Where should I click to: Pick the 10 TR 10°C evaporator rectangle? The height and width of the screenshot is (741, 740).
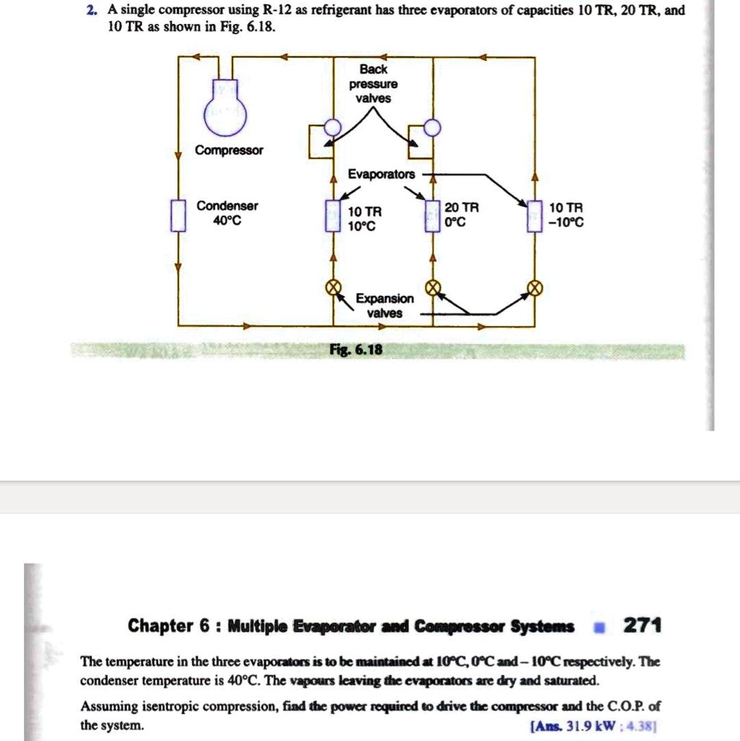click(x=332, y=216)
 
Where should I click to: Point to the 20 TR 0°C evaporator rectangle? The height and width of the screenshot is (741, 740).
click(x=433, y=215)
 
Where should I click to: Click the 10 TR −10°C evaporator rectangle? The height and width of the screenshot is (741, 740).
click(x=534, y=215)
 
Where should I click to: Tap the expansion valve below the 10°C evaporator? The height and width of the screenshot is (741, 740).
click(x=333, y=288)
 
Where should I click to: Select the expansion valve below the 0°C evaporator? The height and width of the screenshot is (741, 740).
click(x=433, y=288)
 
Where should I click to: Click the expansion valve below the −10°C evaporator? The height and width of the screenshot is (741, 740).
click(x=534, y=288)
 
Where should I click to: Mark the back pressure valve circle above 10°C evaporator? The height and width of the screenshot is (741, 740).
click(x=332, y=127)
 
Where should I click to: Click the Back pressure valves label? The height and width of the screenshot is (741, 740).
click(x=373, y=83)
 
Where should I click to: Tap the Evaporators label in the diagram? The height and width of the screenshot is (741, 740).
click(x=382, y=174)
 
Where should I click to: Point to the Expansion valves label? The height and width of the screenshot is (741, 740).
click(x=384, y=305)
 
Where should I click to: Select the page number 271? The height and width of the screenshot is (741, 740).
click(x=642, y=625)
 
